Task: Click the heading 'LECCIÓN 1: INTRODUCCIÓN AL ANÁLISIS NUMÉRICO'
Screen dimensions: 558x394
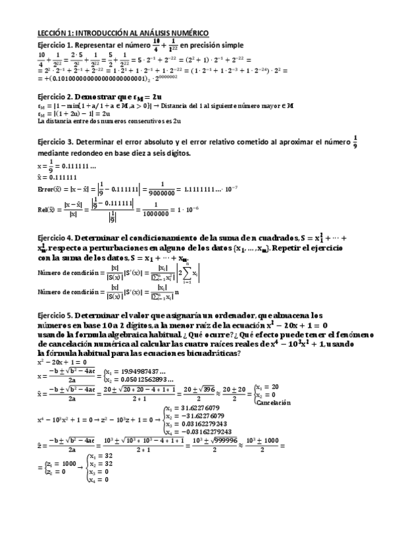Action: point(123,33)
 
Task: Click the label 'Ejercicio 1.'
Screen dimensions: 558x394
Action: point(59,45)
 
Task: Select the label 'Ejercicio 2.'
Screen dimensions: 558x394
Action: point(59,97)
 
